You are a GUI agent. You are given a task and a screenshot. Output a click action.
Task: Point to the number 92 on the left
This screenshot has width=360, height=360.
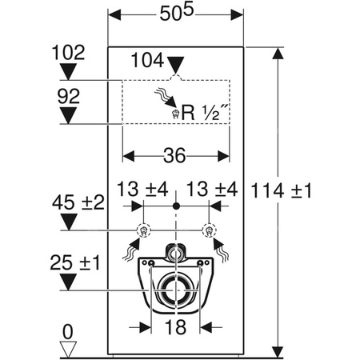tap(68, 97)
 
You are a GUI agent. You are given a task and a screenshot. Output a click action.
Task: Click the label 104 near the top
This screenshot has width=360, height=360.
tap(146, 59)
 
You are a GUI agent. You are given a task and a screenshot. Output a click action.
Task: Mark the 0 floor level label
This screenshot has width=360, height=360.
tap(68, 328)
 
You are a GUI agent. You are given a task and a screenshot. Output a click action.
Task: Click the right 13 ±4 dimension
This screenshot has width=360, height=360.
tap(211, 190)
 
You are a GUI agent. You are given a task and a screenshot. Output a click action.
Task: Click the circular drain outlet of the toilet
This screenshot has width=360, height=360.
tap(176, 290)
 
